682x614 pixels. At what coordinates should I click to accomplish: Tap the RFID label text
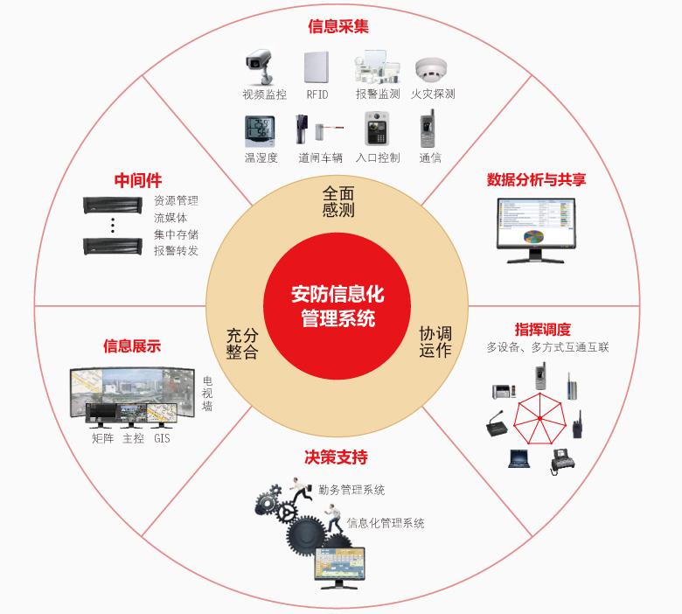tap(317, 94)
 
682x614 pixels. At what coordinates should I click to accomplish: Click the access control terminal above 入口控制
tap(377, 129)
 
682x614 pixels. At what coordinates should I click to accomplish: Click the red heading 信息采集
tap(338, 26)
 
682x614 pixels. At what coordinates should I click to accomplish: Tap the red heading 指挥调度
tap(542, 330)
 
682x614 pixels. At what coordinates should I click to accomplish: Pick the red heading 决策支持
tap(336, 457)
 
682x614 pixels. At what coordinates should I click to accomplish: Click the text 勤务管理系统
tap(352, 490)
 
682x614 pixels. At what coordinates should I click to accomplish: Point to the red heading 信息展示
tap(132, 345)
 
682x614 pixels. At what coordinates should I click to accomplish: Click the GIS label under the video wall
tap(162, 438)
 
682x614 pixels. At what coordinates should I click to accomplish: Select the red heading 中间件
tap(138, 180)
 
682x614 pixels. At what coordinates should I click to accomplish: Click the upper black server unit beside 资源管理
tap(113, 206)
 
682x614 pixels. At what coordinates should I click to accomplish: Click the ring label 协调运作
tap(435, 342)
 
